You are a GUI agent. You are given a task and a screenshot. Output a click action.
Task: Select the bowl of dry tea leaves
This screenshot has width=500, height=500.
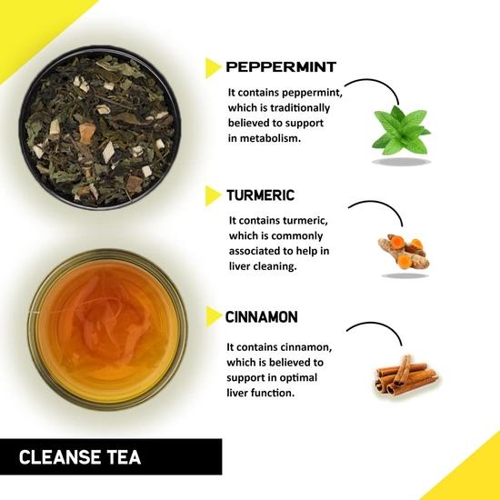point(97,126)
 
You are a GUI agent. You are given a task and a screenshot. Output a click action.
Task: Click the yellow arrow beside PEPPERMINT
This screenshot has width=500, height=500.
point(213,67)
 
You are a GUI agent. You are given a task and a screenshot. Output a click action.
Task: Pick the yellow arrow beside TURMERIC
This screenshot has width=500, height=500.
point(213,195)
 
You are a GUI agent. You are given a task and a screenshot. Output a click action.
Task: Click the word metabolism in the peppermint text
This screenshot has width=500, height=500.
point(280,139)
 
